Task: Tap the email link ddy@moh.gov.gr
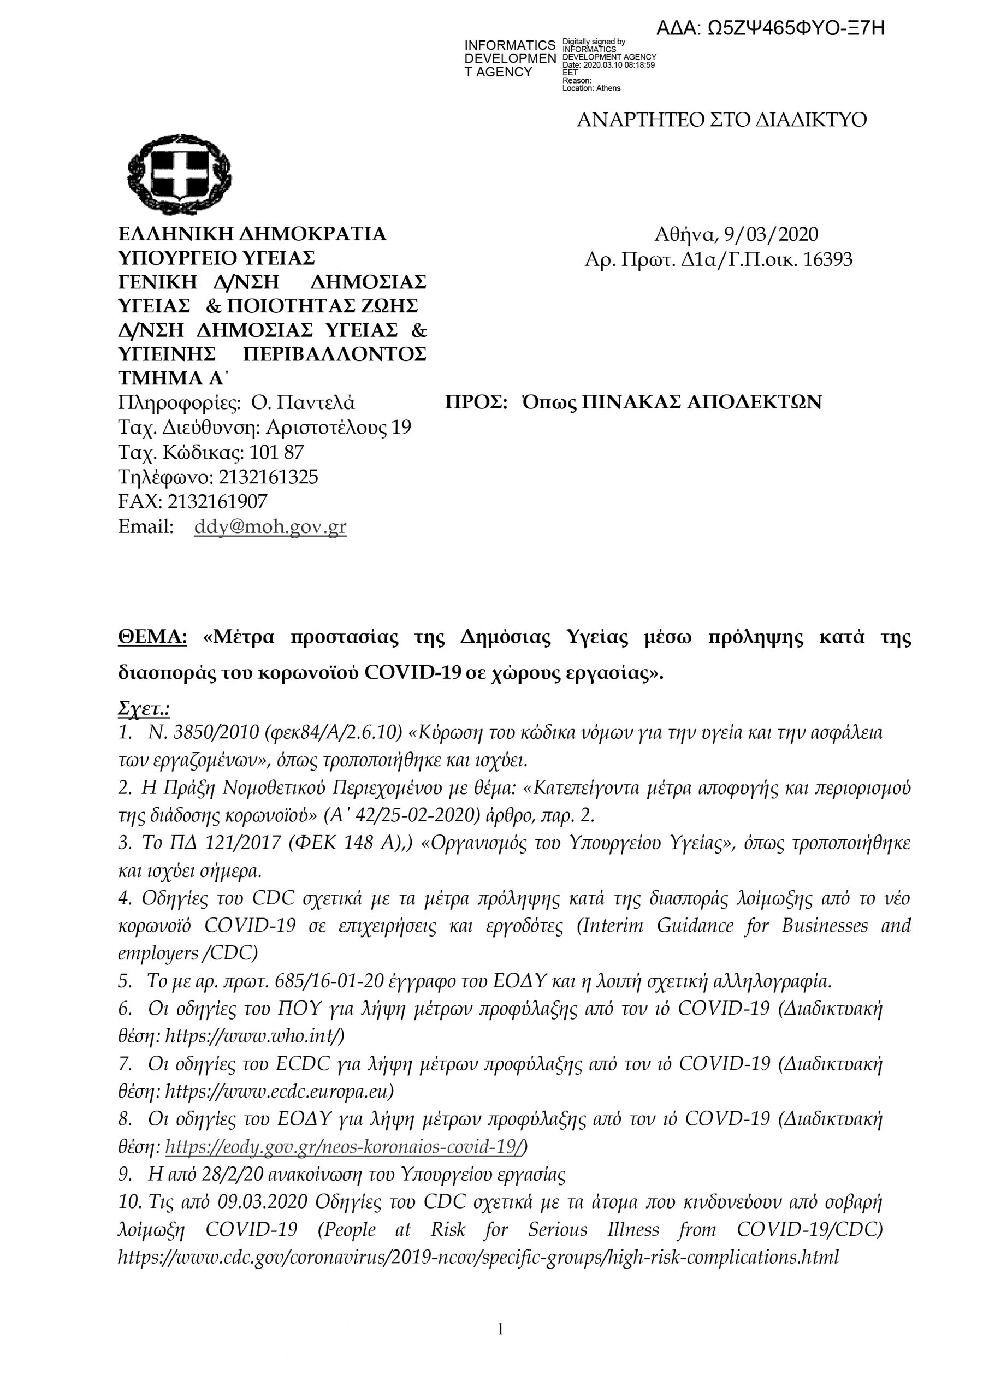270,526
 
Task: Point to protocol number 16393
827,260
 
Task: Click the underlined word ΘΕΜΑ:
152,637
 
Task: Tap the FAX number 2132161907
217,501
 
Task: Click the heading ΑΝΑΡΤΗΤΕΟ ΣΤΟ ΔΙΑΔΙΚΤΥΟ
721,120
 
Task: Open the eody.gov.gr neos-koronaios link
344,1148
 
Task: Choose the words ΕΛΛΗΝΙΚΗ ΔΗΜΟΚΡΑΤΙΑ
252,234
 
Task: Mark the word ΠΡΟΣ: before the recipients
476,402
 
